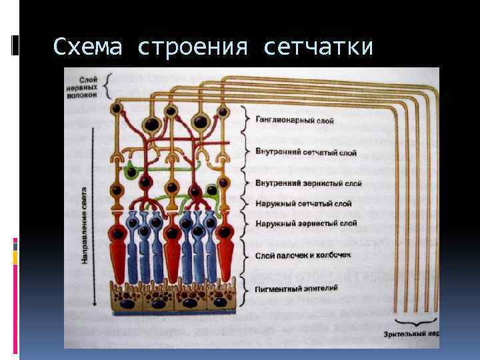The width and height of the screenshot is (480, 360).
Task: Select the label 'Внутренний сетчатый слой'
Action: pyautogui.click(x=306, y=153)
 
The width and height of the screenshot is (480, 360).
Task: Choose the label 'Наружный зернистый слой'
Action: pyautogui.click(x=306, y=223)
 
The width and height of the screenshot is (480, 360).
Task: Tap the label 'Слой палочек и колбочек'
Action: pyautogui.click(x=305, y=255)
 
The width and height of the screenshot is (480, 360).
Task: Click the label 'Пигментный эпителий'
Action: pyautogui.click(x=297, y=288)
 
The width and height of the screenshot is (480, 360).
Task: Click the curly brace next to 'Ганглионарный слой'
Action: pyautogui.click(x=248, y=121)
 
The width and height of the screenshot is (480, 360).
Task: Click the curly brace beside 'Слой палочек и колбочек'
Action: pyautogui.click(x=248, y=255)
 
